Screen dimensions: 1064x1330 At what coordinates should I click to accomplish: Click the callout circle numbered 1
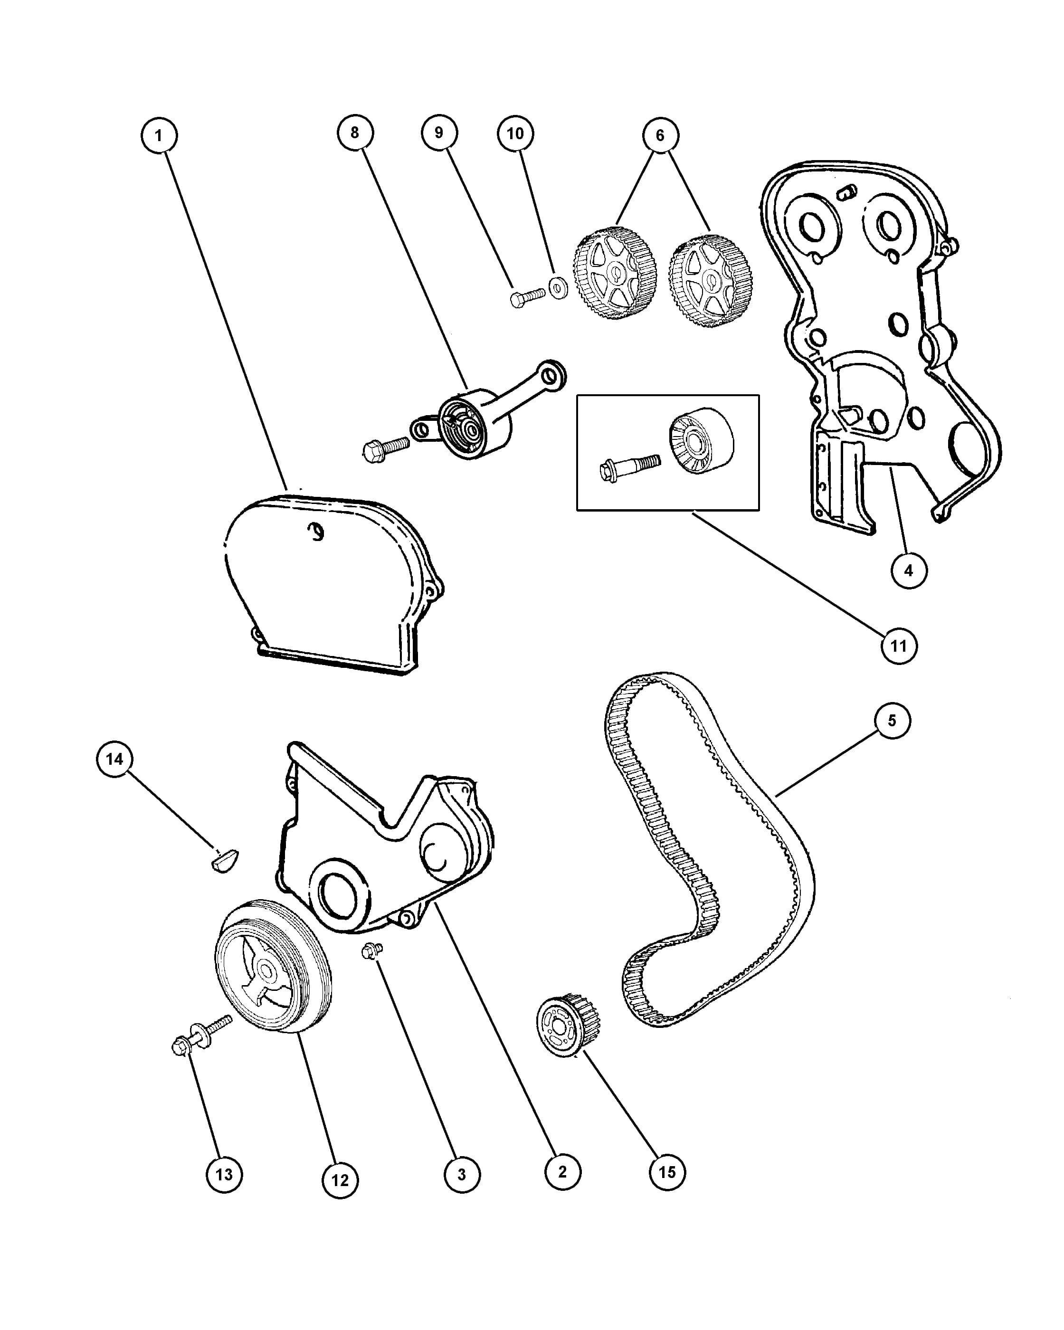(159, 135)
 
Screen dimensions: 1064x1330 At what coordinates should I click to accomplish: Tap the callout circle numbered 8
(355, 133)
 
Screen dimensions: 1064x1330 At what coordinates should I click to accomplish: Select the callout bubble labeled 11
(899, 646)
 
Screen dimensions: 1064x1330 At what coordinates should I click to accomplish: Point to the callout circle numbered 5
(892, 721)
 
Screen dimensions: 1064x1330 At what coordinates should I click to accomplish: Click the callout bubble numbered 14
(115, 759)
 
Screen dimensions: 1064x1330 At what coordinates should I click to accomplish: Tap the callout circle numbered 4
(909, 570)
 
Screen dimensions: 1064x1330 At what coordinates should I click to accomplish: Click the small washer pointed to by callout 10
(558, 287)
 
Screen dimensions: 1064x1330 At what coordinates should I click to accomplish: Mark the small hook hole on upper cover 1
(316, 531)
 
